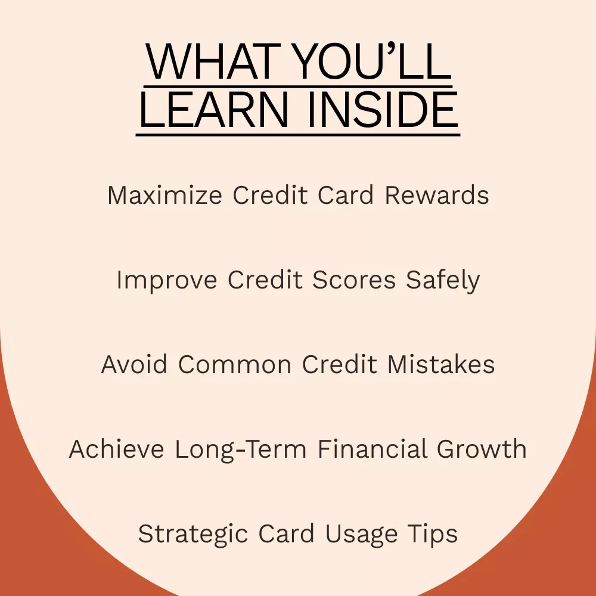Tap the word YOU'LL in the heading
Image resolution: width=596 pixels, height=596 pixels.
tap(373, 61)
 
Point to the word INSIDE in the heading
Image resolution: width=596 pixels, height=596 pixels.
tap(383, 110)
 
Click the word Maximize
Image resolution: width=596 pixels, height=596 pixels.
tap(164, 195)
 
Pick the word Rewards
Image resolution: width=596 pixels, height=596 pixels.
tap(437, 195)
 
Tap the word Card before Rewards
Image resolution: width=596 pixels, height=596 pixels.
tap(346, 195)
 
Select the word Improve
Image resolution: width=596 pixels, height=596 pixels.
tap(166, 280)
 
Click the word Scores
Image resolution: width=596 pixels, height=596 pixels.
tap(354, 280)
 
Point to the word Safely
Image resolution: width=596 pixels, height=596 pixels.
tap(443, 281)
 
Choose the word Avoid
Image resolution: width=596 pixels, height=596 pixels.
tap(134, 364)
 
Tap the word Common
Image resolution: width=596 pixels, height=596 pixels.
tap(234, 365)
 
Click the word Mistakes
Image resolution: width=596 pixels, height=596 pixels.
tap(441, 364)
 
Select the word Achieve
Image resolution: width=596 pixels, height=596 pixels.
tap(116, 449)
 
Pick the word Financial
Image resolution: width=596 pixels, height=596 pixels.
tap(372, 449)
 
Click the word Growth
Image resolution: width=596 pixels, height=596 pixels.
tap(482, 449)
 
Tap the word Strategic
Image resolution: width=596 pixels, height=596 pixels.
tap(193, 534)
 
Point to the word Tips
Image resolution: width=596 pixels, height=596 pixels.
tap(433, 534)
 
